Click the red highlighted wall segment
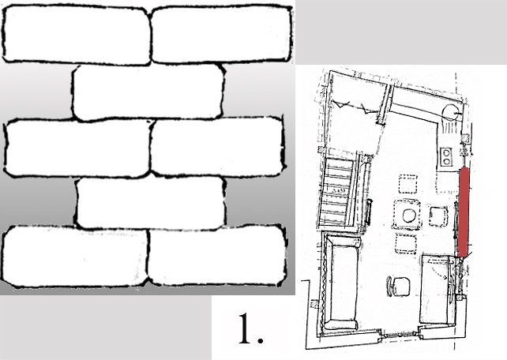(464, 212)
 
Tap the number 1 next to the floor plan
(246, 328)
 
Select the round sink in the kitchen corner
(449, 112)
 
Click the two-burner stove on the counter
(446, 157)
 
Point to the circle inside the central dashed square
(409, 216)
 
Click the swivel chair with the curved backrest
(398, 286)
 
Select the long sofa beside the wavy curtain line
(343, 282)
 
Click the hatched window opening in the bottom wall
(399, 335)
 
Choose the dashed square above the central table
(407, 184)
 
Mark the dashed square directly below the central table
(405, 243)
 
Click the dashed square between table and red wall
(438, 216)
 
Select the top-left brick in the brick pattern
(77, 34)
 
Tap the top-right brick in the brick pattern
(222, 34)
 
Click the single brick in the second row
(148, 92)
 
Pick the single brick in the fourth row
(150, 203)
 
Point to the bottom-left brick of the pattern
(75, 257)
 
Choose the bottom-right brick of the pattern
(218, 255)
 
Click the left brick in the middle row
(77, 148)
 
